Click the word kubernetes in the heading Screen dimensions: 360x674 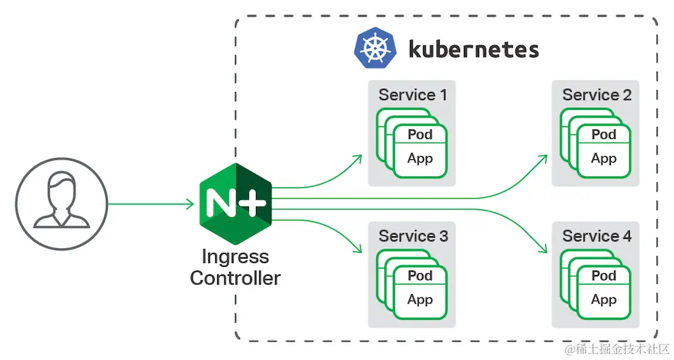coord(473,49)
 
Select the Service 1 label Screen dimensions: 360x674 coord(413,95)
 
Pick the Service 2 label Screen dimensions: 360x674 coord(596,95)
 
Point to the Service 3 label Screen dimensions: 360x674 coord(413,236)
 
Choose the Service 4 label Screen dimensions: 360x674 coord(596,236)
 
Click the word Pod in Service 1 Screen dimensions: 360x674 coord(420,135)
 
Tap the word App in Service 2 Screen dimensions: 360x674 coord(604,159)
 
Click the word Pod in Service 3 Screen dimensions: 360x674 coord(420,276)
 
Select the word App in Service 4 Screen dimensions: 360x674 coord(604,299)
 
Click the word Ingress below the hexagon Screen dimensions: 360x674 coord(236,256)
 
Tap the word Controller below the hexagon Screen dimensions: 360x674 coord(236,278)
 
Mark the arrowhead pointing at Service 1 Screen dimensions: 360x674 coord(358,157)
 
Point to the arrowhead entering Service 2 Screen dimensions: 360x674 coord(543,158)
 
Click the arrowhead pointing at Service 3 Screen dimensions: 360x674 coord(358,249)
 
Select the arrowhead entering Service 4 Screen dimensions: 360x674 coord(543,249)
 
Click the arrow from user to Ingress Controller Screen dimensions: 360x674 coord(151,203)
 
